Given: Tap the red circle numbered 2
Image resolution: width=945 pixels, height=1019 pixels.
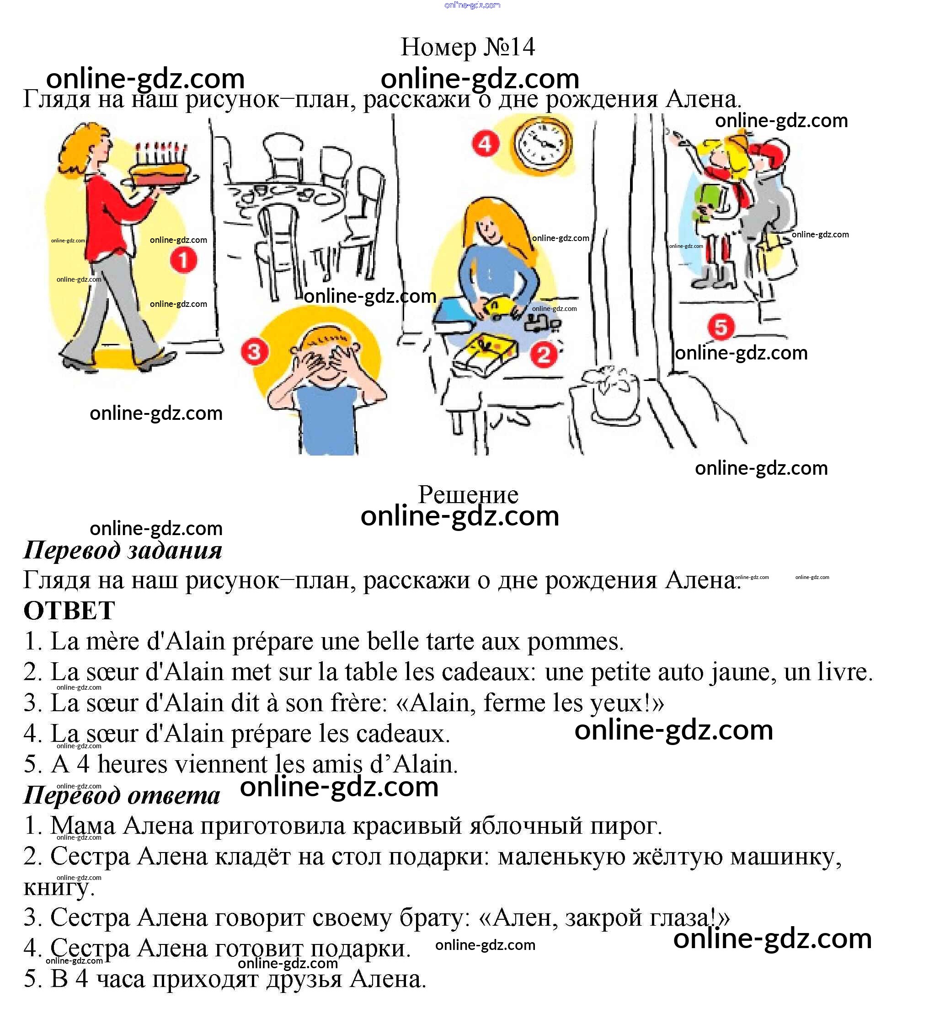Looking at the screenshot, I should [543, 354].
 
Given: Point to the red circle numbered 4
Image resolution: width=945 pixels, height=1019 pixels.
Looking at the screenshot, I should [485, 144].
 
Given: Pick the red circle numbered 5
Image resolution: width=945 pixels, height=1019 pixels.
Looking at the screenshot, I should [721, 327].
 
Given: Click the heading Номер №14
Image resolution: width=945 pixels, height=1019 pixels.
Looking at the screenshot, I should [467, 47].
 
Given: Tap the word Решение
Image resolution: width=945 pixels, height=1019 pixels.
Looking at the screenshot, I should [468, 495].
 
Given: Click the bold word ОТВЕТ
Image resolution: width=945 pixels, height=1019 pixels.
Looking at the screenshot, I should [69, 610].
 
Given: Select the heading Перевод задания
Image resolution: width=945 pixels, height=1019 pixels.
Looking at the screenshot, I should [123, 550].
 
